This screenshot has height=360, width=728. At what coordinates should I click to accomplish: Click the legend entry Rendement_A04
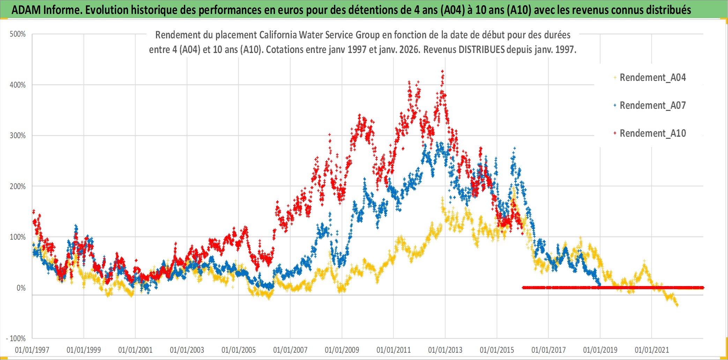click(x=652, y=77)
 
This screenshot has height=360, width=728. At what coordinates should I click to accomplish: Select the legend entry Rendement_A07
click(x=652, y=105)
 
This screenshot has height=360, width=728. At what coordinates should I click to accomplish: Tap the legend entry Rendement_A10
click(x=652, y=133)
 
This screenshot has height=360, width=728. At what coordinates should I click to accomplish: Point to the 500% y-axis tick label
click(x=18, y=34)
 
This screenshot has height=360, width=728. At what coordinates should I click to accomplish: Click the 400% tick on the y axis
click(x=18, y=85)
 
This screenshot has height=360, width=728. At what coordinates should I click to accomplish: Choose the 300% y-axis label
click(x=18, y=135)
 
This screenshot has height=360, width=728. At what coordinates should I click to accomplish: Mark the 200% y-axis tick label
click(x=18, y=186)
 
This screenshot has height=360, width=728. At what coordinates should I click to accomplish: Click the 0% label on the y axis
click(x=21, y=288)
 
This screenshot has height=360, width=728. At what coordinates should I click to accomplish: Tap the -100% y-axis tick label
click(x=16, y=338)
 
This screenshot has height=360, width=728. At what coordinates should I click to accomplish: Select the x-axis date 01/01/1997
click(x=32, y=350)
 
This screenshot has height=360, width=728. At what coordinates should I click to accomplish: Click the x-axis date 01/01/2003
click(x=187, y=350)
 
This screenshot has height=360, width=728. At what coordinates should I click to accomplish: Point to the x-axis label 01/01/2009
click(x=342, y=350)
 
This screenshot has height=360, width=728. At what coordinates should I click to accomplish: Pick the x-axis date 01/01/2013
click(x=445, y=350)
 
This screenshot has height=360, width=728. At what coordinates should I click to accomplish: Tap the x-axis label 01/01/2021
click(x=652, y=350)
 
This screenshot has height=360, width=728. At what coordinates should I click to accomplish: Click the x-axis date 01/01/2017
click(x=549, y=350)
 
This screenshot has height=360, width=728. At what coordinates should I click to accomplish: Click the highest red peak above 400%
click(x=443, y=72)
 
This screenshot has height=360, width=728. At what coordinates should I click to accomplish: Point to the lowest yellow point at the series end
click(x=677, y=306)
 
